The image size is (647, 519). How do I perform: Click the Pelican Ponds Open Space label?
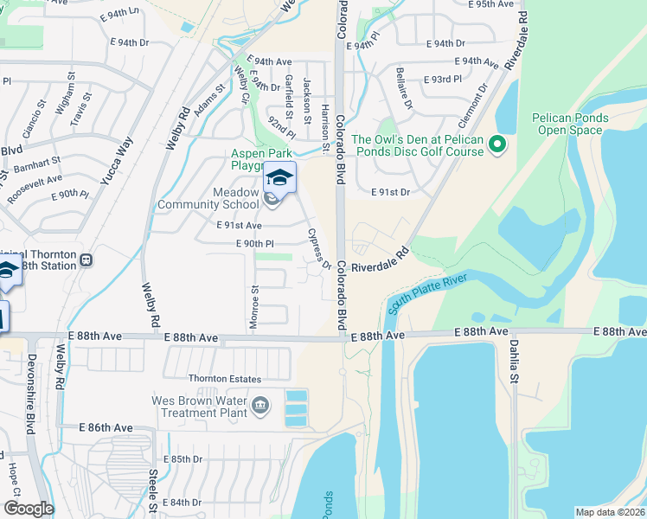[x=567, y=124]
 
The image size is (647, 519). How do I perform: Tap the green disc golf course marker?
[x=496, y=145]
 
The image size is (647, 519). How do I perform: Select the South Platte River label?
[x=427, y=294]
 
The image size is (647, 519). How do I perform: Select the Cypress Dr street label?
[x=319, y=248]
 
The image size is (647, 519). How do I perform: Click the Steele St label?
[x=152, y=490]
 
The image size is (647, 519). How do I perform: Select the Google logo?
[x=28, y=509]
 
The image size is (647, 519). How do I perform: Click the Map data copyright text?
[x=611, y=512]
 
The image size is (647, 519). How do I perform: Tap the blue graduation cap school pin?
[x=279, y=178]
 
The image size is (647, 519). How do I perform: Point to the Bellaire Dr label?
[x=401, y=85]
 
